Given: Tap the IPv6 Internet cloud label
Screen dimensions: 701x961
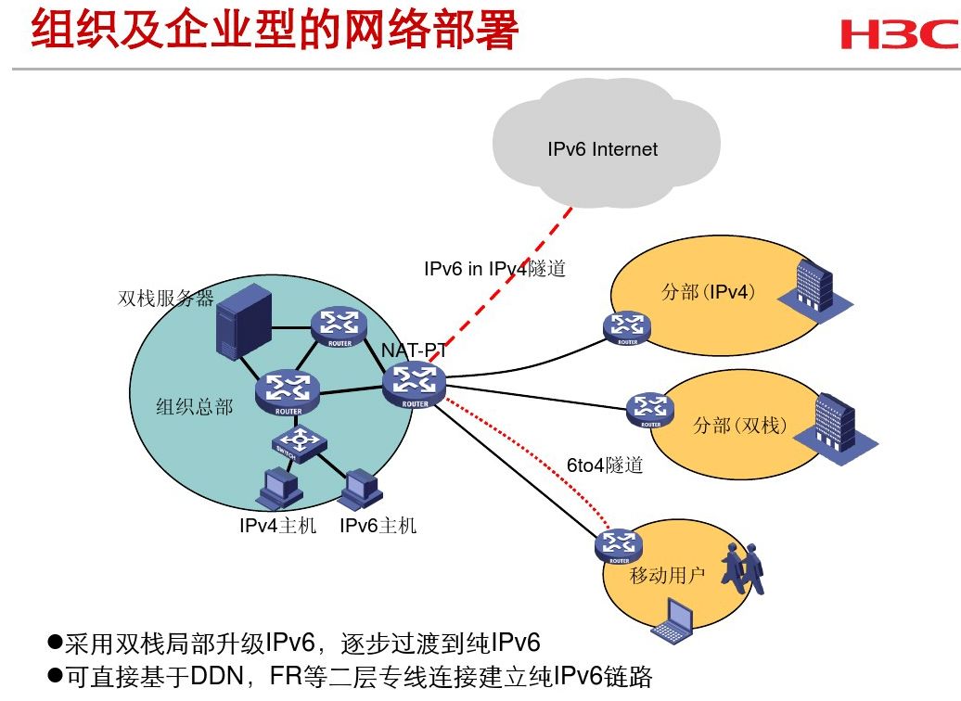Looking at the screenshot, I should point(602,149).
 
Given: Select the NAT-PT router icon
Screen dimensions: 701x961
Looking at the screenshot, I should point(414,383).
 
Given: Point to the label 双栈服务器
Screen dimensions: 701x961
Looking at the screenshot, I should point(166,299).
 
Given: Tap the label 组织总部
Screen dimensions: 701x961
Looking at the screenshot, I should point(194,407).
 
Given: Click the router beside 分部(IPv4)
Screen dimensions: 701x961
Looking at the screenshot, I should point(627,326).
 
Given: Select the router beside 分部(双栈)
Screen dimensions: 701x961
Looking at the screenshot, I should point(651,409).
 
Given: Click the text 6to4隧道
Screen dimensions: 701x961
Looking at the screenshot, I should point(605,465).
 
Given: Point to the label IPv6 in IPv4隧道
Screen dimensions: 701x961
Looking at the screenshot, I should point(494,270).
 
